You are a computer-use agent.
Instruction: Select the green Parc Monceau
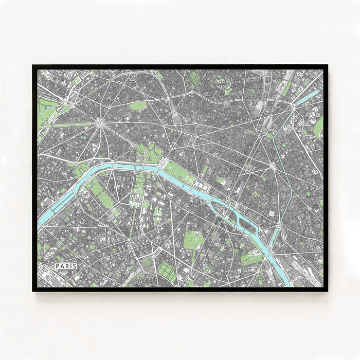(x=137, y=105)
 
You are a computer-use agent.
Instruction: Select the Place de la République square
(x=272, y=166)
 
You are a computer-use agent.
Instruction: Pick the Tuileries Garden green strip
(x=178, y=173)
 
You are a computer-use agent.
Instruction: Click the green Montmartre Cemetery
(x=196, y=78)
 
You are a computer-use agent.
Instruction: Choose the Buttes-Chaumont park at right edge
(x=319, y=126)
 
